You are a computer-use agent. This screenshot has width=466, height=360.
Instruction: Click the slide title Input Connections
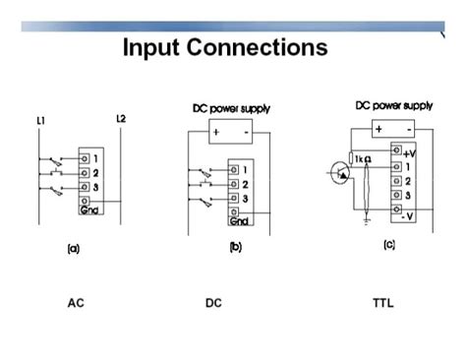224,47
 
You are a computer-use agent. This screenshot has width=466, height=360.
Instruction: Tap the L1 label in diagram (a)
41,120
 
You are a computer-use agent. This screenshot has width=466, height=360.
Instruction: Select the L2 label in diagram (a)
120,119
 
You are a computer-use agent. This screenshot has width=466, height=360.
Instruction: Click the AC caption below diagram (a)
76,302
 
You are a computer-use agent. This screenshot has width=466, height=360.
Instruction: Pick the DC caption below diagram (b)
213,302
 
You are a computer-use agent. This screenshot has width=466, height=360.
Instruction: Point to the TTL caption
382,302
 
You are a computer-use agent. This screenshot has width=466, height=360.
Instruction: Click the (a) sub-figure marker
73,249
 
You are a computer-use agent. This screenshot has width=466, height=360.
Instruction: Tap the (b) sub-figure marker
235,247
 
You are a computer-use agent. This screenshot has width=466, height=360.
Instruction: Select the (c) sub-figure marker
389,243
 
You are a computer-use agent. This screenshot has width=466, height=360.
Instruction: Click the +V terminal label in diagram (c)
411,152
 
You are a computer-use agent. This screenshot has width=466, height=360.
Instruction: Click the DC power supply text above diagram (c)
393,103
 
